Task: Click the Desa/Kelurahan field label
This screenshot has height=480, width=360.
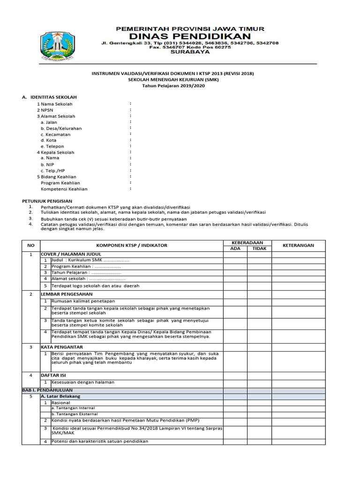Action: click(x=61, y=128)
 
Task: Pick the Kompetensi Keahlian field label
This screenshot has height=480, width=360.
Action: click(x=64, y=189)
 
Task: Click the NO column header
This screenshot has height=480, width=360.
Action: click(x=31, y=245)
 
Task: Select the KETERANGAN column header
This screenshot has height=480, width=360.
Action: click(x=299, y=245)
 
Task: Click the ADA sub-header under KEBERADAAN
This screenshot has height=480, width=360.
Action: click(x=235, y=248)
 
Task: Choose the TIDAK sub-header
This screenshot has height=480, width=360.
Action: click(x=259, y=248)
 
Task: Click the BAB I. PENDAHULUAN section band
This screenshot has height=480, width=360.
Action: click(x=47, y=390)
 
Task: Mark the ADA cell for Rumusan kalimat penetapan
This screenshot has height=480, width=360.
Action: click(x=235, y=301)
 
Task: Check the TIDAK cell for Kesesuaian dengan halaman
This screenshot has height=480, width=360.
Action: click(x=259, y=382)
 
